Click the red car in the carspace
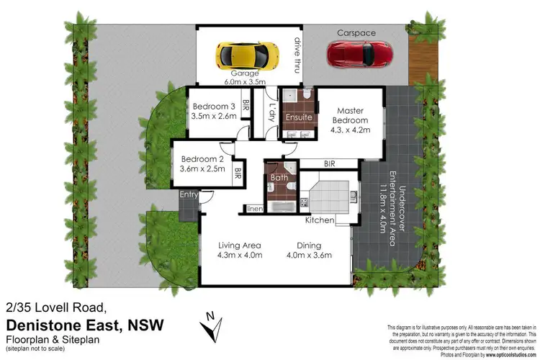361,53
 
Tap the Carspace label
355,32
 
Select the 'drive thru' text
296,55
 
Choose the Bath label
279,177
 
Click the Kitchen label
319,220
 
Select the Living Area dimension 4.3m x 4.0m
240,254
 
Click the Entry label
189,194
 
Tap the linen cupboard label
255,209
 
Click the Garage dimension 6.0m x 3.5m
244,83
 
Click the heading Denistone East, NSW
84,325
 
